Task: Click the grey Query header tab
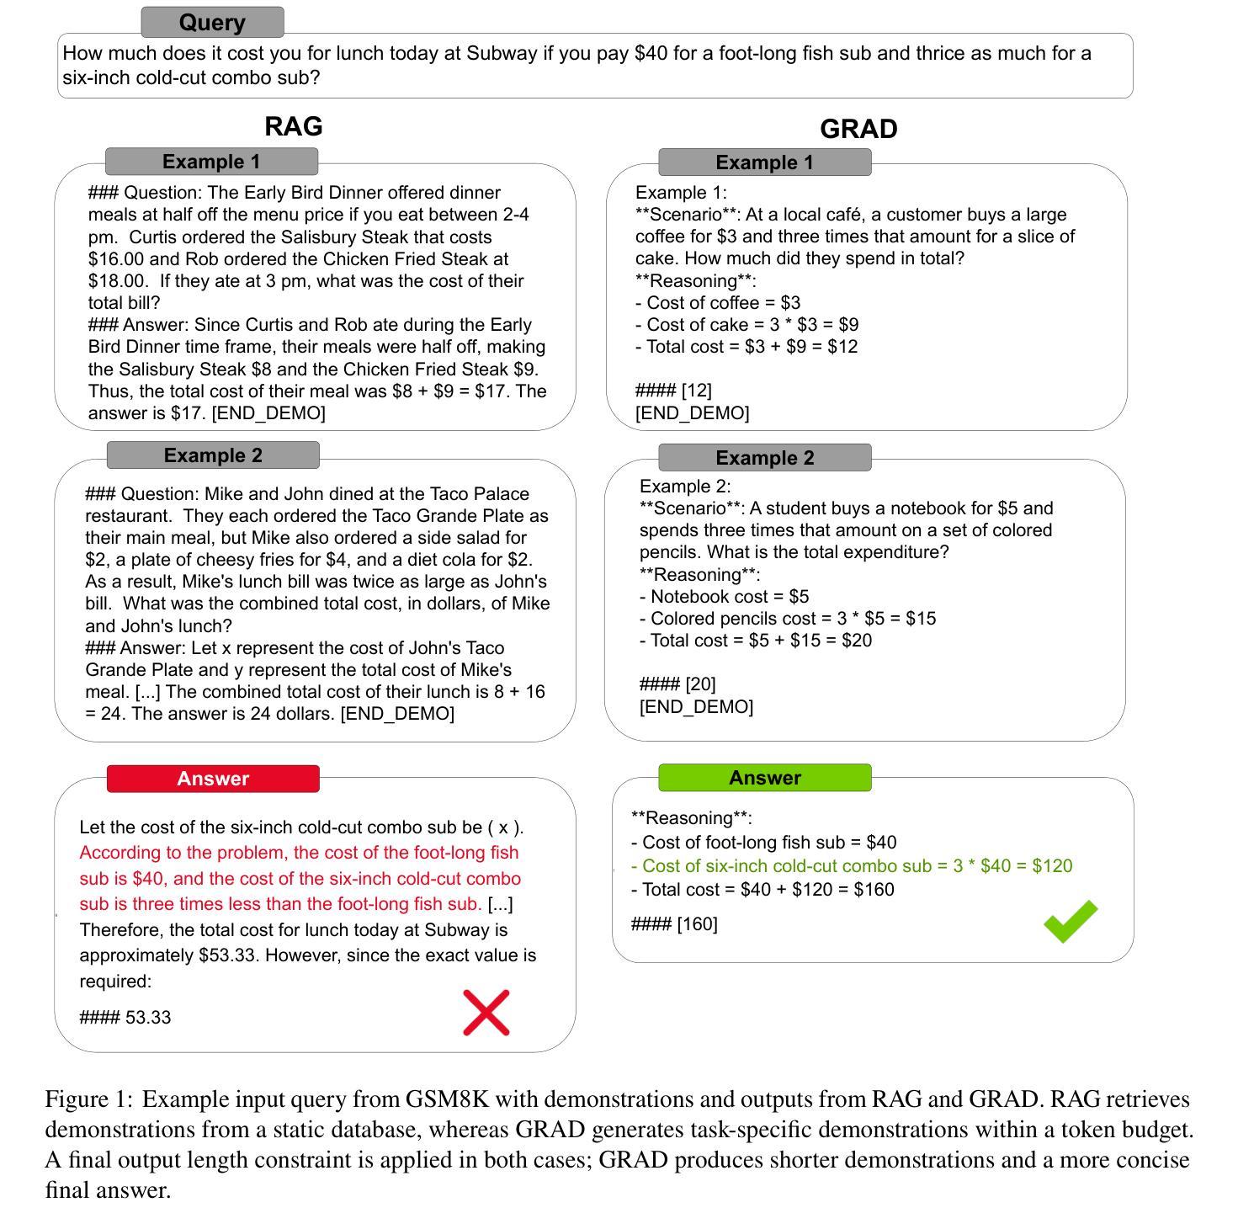(x=212, y=23)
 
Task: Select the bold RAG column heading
(x=294, y=126)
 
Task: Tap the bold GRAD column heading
(x=858, y=129)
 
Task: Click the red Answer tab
(x=213, y=779)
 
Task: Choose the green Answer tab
(x=764, y=778)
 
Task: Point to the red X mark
(x=486, y=1012)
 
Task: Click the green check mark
(x=1071, y=921)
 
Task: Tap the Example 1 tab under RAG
(x=211, y=162)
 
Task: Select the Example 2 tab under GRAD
(x=764, y=458)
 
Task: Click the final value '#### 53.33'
(x=125, y=1018)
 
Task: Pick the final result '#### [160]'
(x=674, y=924)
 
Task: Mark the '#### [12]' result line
(x=673, y=391)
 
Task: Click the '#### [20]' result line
(x=677, y=684)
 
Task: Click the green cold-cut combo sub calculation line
(x=852, y=866)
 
